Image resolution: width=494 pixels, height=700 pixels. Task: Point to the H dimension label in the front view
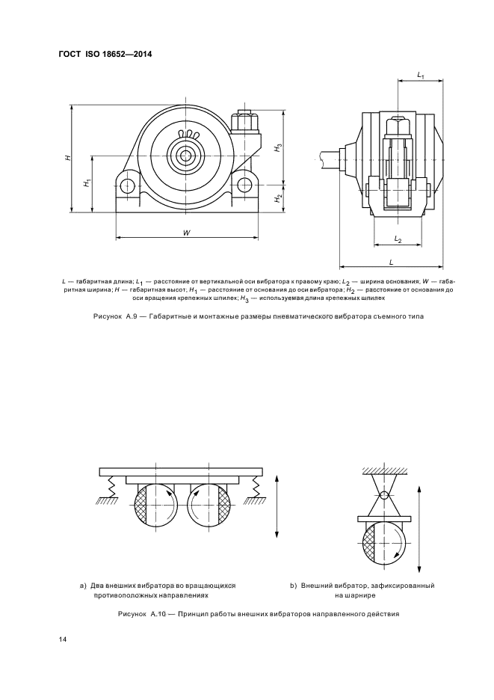67,158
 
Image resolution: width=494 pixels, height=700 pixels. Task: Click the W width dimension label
186,233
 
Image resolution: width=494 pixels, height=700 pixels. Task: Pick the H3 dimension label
278,147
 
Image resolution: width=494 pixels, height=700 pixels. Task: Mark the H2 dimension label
278,198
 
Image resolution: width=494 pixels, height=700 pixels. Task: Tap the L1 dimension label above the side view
420,76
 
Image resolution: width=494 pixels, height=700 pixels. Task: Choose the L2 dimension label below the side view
398,239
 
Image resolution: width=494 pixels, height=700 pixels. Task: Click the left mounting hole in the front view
128,185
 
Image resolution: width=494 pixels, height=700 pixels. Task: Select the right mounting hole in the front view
245,185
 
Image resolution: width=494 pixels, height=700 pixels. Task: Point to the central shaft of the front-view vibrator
183,156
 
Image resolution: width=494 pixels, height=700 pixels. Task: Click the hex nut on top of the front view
245,121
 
